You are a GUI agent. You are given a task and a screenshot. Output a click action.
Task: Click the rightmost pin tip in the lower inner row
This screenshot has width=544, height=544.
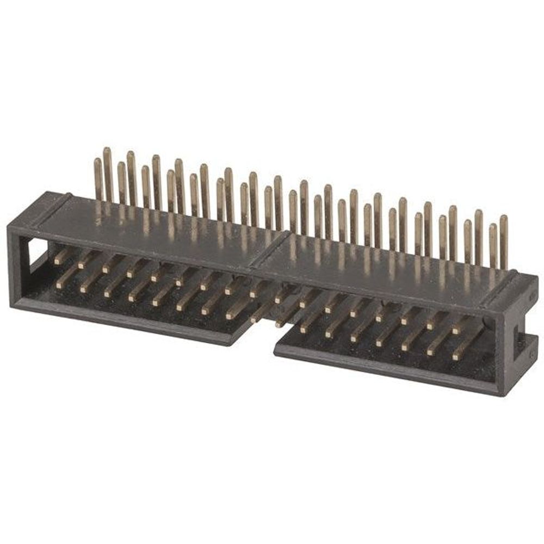[456, 357]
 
